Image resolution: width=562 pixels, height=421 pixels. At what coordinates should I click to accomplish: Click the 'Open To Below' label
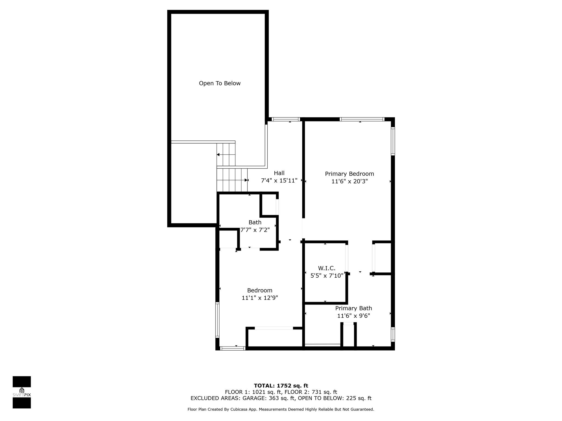tap(220, 83)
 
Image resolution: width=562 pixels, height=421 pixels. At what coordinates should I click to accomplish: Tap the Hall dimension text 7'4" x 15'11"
tap(279, 181)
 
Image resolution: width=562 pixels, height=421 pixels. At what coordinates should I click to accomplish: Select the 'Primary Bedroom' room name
tap(349, 174)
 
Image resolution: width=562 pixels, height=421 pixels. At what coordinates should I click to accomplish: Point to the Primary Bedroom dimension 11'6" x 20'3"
tap(349, 181)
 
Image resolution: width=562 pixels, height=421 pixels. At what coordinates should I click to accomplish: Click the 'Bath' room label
tap(255, 222)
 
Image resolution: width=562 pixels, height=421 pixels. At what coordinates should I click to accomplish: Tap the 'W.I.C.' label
tap(327, 268)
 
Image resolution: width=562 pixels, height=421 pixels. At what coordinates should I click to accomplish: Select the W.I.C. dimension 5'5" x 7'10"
tap(327, 276)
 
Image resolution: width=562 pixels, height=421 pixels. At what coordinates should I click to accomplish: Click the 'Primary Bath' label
tap(353, 308)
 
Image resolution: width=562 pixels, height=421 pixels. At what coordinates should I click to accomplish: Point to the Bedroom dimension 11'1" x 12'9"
tap(260, 298)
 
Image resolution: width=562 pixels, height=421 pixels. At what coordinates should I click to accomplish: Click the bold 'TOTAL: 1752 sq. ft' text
tap(281, 386)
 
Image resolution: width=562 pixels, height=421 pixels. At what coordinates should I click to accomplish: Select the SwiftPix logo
tap(22, 392)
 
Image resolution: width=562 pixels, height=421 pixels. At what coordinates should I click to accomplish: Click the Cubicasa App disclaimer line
tap(281, 409)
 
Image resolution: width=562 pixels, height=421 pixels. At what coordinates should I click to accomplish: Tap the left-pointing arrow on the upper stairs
tap(218, 155)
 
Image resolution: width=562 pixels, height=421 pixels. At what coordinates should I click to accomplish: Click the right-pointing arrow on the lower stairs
tap(246, 180)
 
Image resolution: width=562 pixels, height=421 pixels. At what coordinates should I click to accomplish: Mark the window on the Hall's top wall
tap(286, 119)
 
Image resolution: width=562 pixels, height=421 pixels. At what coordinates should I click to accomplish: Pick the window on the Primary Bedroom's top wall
tap(362, 119)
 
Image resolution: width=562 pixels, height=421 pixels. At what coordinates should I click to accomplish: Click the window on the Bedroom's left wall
tap(217, 319)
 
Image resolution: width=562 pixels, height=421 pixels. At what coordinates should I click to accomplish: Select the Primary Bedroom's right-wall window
tap(393, 141)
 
